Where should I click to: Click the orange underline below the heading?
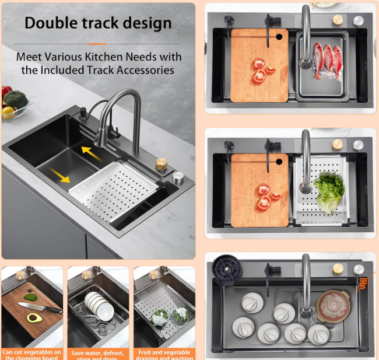[97, 43]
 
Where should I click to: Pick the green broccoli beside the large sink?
[16, 99]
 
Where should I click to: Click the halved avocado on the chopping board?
[33, 318]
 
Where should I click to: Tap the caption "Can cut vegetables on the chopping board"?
[32, 354]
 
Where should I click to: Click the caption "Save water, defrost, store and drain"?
[98, 354]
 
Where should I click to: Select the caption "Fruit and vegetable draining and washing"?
[164, 354]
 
